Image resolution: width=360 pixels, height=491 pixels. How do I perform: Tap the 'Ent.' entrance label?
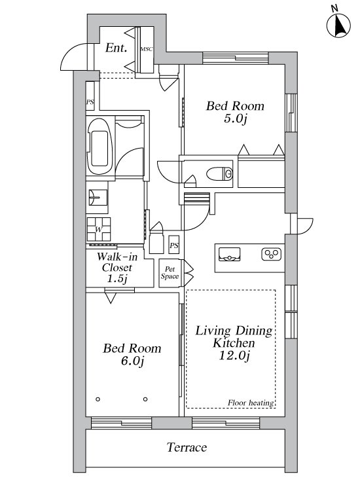116,48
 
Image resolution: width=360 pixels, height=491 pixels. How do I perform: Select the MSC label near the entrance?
146,49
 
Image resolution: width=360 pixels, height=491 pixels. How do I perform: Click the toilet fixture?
220,173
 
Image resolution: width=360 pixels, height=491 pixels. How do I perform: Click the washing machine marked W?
99,229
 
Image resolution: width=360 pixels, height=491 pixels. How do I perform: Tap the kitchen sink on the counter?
230,254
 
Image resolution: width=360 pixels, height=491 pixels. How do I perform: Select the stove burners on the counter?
271,254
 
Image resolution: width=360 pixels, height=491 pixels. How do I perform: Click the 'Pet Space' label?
170,273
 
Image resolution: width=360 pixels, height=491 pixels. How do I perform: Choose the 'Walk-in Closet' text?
117,263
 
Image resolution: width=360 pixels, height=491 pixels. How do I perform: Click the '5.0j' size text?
236,119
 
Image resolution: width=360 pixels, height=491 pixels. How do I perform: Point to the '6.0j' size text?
132,361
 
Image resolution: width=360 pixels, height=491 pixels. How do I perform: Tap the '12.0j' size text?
234,355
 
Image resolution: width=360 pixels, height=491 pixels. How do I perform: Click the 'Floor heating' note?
251,403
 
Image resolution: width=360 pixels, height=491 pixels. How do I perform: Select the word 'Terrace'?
187,447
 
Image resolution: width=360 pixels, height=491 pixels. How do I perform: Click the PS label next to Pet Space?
174,245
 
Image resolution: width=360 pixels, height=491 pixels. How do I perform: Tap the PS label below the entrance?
90,102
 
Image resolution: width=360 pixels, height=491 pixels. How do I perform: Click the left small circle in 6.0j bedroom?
98,399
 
